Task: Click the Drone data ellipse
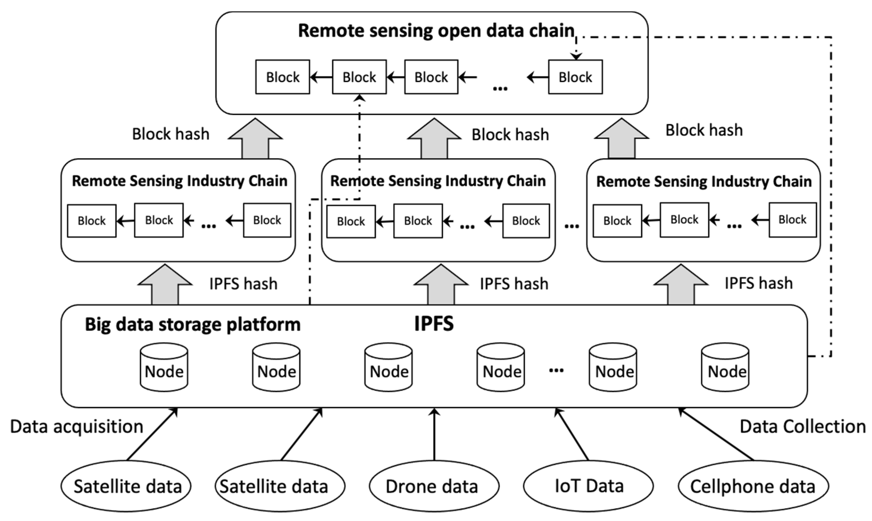[434, 487]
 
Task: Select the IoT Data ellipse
[588, 486]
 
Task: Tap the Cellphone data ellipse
[753, 487]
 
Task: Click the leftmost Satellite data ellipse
[126, 487]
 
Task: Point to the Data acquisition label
[76, 427]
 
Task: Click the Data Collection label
[803, 427]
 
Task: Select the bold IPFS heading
[434, 323]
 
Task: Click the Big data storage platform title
[192, 324]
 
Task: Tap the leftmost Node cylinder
[164, 367]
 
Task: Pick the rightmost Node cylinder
[725, 367]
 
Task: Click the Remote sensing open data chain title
[436, 31]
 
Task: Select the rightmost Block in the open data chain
[575, 77]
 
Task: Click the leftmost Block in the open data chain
[282, 77]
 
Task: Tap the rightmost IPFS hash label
[758, 283]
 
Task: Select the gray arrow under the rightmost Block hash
[621, 139]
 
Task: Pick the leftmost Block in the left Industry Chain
[92, 221]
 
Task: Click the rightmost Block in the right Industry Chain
[792, 220]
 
